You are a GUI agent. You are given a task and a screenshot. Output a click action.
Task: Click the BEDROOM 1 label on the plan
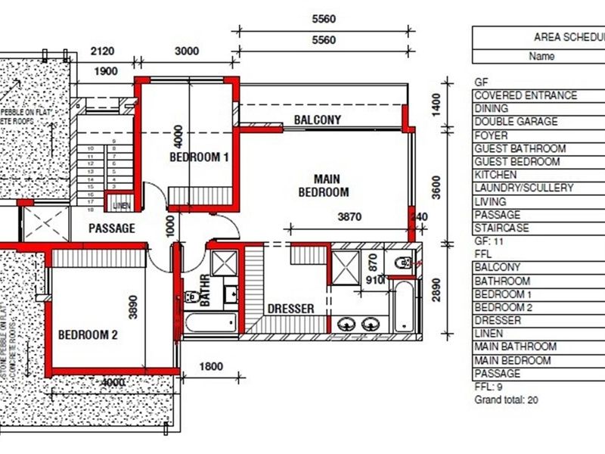[199, 157]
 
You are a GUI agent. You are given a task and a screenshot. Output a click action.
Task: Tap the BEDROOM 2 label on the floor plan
[88, 334]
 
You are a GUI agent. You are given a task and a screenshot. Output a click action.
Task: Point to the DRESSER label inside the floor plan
[290, 309]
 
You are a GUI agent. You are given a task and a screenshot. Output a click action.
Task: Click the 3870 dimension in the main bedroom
[349, 217]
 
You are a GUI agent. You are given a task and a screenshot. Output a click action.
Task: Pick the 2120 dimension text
[103, 51]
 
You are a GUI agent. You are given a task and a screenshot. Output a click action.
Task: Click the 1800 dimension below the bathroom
[211, 367]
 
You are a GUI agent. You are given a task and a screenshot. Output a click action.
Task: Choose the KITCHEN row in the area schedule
[496, 175]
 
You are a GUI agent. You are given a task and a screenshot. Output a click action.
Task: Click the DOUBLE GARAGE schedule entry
[516, 122]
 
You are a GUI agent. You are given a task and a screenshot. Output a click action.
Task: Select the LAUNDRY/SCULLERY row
[523, 188]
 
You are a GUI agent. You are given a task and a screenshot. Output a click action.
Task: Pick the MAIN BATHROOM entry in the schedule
[515, 347]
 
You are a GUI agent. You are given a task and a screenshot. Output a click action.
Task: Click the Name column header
[541, 56]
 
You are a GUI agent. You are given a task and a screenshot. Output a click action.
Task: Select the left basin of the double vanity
[347, 324]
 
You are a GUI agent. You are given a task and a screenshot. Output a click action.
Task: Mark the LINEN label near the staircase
[121, 206]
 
